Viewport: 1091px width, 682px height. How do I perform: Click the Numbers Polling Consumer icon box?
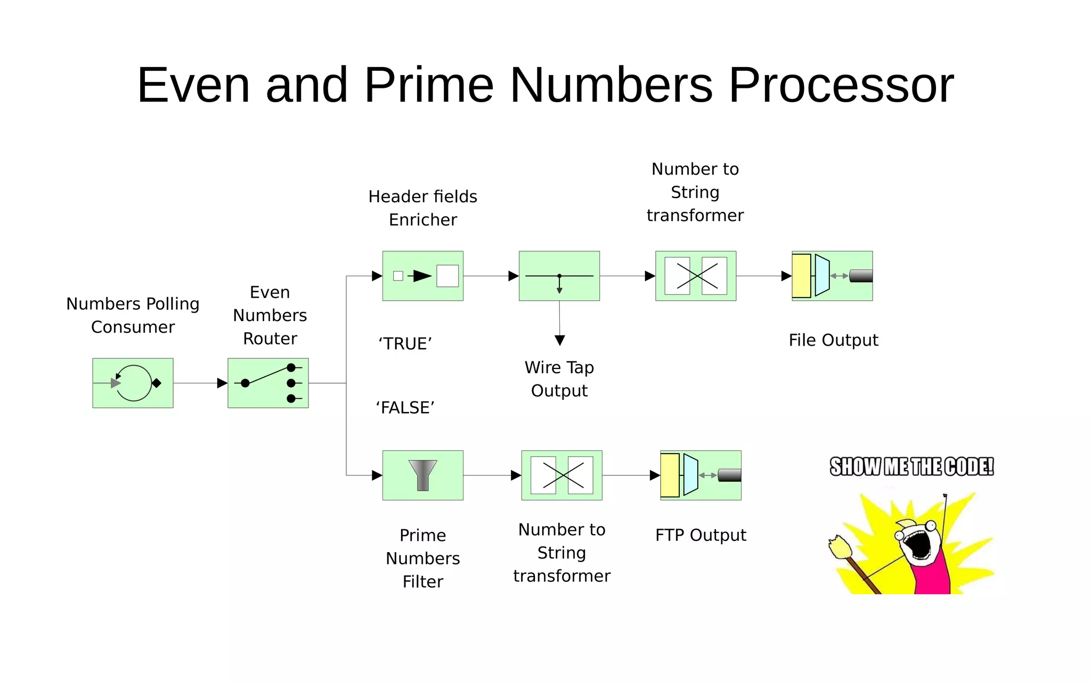coord(133,383)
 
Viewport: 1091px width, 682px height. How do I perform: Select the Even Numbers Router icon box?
coord(268,383)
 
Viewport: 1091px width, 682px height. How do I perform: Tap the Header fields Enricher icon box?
coord(422,276)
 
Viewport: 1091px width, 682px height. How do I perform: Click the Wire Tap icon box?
coord(559,276)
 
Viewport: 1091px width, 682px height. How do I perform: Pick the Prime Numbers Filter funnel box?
coord(422,475)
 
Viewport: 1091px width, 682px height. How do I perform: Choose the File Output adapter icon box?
coord(832,276)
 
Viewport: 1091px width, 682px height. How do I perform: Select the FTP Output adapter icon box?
coord(701,475)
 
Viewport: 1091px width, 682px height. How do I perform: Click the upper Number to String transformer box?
coord(695,276)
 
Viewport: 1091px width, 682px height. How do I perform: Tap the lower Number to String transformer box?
coord(561,475)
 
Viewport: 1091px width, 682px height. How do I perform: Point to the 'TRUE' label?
coord(405,344)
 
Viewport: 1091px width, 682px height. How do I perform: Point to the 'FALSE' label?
coord(405,408)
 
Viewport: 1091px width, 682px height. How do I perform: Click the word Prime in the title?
coord(429,85)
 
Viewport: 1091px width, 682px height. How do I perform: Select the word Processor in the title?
coord(841,85)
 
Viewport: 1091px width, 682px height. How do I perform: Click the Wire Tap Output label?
coord(559,379)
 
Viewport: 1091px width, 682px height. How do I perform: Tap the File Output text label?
coord(833,340)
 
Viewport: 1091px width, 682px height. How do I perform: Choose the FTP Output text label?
coord(701,535)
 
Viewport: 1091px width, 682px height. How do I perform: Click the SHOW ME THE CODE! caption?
coord(911,467)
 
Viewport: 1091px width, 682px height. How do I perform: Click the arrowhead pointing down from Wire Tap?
coord(559,340)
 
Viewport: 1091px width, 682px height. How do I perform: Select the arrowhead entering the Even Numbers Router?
coord(222,383)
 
